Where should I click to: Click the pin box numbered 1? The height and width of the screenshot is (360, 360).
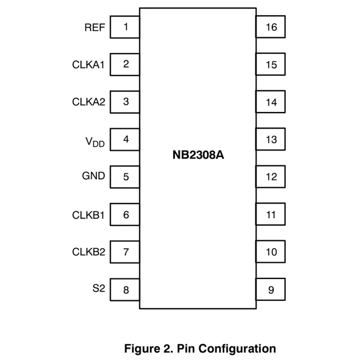125,27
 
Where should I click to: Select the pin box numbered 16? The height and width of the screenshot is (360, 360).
271,27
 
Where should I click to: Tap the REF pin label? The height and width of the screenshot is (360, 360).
94,27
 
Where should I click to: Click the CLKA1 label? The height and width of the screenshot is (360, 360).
88,65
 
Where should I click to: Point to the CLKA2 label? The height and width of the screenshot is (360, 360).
88,102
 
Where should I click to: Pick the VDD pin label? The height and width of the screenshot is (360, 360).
94,141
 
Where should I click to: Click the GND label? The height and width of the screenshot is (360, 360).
93,176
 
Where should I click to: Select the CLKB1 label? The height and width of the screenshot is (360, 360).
88,214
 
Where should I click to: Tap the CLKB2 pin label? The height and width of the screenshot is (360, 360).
88,251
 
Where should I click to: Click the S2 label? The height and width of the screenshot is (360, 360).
98,289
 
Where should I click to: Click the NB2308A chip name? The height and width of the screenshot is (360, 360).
198,155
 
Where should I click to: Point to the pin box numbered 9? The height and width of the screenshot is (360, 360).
271,290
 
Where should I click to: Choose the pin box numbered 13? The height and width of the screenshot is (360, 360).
271,139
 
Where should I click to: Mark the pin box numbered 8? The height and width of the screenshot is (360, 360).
125,290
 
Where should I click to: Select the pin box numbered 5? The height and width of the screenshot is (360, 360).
125,177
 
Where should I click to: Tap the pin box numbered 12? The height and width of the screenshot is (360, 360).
271,177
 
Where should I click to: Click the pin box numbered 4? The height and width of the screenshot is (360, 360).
125,139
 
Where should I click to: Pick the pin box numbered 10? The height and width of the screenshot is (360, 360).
271,252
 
